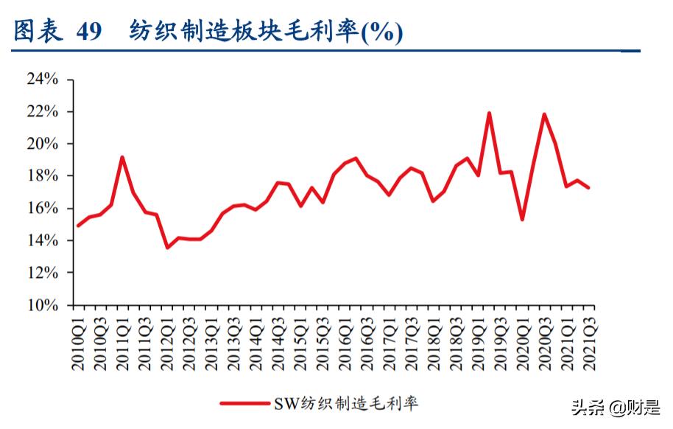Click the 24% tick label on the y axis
coord(42,79)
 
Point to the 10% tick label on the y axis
coord(42,305)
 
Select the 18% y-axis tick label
coord(42,175)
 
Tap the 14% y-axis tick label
coord(42,240)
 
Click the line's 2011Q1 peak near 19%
coord(122,157)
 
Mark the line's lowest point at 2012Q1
coord(167,247)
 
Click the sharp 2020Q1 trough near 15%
coord(522,220)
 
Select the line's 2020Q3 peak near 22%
coord(544,114)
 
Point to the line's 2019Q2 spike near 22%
coord(489,113)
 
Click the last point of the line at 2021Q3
coord(588,187)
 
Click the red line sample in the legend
coord(244,403)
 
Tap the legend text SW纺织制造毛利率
coord(346,403)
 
